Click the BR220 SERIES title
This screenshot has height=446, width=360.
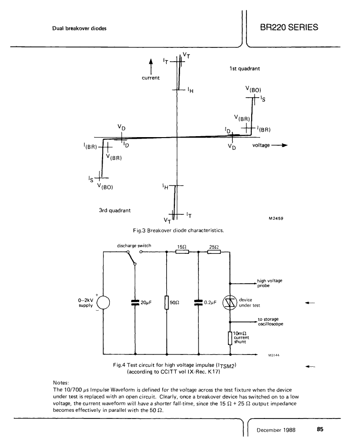[289, 28]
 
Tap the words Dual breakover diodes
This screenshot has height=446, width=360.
[79, 28]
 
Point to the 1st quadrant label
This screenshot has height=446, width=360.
[245, 68]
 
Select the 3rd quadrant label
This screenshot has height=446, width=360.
[114, 211]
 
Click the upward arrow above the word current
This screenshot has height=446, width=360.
[151, 67]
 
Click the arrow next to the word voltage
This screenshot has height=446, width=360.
[279, 145]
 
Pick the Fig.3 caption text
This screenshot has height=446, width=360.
[178, 231]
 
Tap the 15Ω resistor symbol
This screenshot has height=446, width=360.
[182, 252]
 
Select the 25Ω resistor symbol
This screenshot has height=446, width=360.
[214, 252]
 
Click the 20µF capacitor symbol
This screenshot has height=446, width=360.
[135, 302]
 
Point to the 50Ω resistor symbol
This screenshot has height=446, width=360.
[167, 302]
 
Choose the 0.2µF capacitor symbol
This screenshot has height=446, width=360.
[199, 302]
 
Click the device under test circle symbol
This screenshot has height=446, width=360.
[230, 303]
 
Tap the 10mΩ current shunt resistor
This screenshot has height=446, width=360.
[230, 338]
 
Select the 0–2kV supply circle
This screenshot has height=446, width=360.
[103, 303]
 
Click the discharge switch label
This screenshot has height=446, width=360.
[134, 245]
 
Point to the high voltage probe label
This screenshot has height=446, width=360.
[270, 283]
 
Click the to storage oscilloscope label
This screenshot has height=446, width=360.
[271, 321]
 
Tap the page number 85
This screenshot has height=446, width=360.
[320, 429]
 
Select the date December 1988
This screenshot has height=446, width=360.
[276, 430]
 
